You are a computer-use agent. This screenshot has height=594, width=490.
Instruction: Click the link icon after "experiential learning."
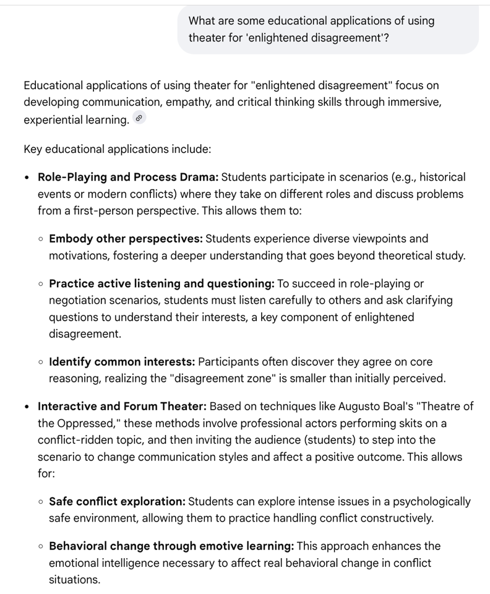pos(139,119)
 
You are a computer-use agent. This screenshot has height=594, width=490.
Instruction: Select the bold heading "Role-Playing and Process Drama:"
pos(128,178)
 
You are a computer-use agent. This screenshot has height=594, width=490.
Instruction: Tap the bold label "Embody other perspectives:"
pos(126,239)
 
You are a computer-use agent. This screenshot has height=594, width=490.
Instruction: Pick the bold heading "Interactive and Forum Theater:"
pos(122,407)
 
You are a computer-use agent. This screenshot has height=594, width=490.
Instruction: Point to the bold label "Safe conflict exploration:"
pos(117,502)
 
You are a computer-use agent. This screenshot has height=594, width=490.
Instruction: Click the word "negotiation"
pos(79,301)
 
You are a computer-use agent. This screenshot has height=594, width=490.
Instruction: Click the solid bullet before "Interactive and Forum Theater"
pos(27,407)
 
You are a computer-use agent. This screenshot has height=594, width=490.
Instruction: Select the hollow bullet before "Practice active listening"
pos(40,284)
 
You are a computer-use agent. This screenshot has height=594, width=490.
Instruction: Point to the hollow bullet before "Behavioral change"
pos(40,547)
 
